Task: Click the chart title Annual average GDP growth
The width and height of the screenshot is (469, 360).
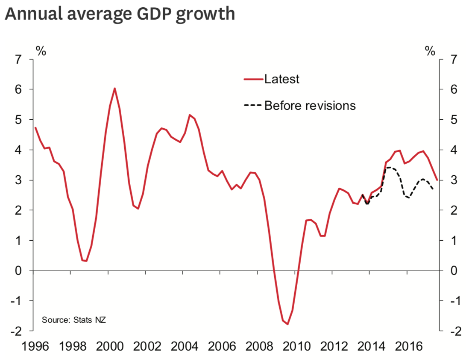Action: pyautogui.click(x=120, y=14)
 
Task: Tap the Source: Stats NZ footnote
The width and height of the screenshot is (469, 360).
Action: pyautogui.click(x=73, y=320)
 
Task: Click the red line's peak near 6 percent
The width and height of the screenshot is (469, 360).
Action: pyautogui.click(x=114, y=89)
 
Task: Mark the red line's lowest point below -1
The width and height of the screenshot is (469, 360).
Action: pyautogui.click(x=288, y=324)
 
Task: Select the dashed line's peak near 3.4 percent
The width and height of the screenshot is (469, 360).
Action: pyautogui.click(x=390, y=167)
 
